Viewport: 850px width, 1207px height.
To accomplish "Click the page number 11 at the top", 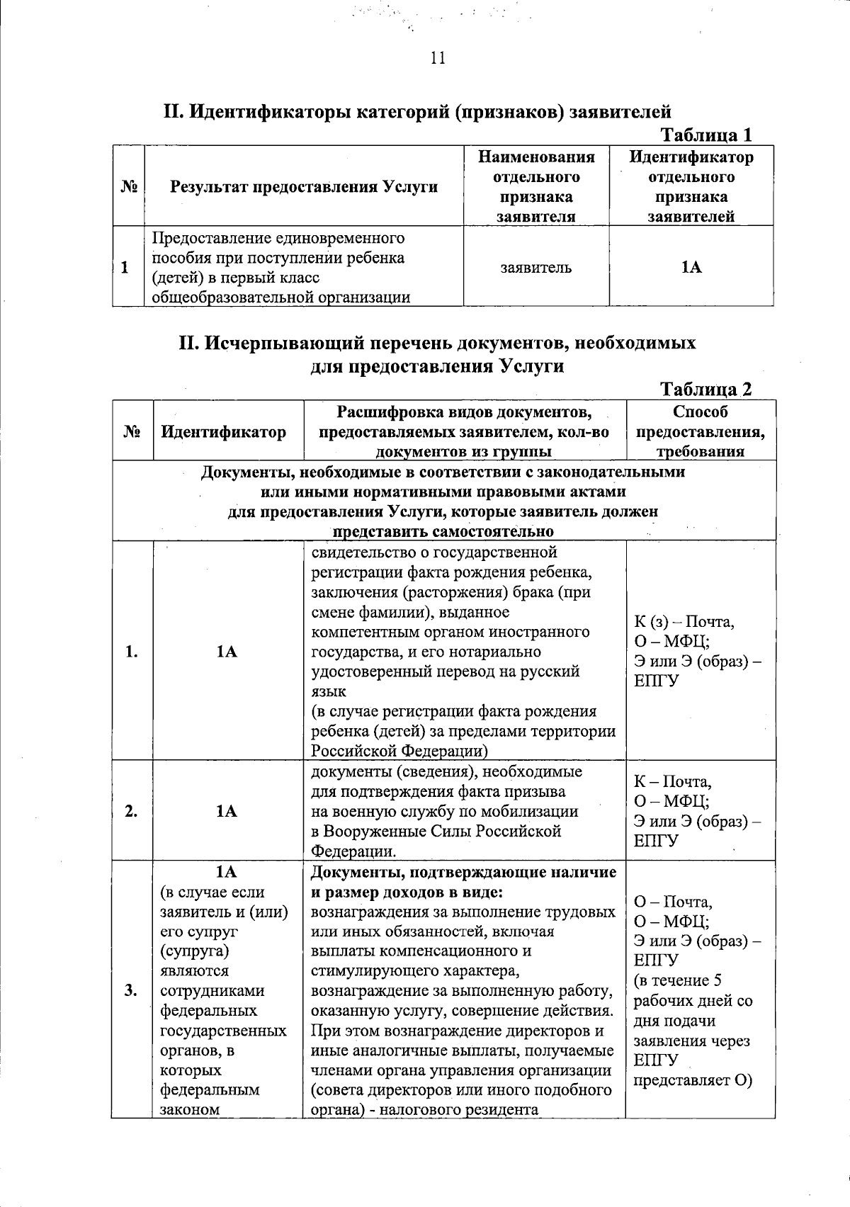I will (x=437, y=58).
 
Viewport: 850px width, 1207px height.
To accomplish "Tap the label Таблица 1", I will (x=705, y=135).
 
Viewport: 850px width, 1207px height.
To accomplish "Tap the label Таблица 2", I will (x=705, y=389).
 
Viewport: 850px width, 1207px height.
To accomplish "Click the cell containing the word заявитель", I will (x=535, y=268).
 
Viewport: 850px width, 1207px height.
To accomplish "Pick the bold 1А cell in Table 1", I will (x=691, y=267).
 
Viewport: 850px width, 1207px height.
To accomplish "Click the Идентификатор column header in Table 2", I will (x=224, y=431).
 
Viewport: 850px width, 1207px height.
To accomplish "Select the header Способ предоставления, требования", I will (x=700, y=431).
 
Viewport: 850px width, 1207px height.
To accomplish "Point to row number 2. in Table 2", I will (x=132, y=812).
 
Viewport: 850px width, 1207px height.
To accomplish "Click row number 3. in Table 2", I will (x=132, y=990).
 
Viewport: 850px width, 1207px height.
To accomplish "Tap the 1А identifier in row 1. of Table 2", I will (x=227, y=652).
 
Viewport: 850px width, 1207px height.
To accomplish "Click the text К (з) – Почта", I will (x=684, y=622).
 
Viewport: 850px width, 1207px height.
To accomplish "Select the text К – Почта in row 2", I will (x=672, y=781).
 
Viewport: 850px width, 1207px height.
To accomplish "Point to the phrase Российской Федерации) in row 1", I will (x=399, y=750).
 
